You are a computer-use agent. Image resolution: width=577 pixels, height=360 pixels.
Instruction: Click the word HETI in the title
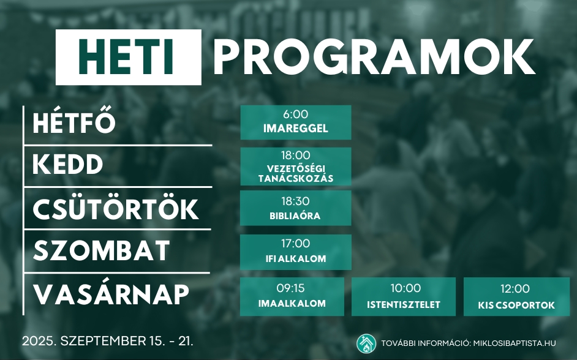point(126,57)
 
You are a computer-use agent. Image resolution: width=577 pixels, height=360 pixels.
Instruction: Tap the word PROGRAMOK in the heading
point(374,57)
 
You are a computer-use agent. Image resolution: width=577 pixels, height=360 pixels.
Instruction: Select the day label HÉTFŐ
point(74,122)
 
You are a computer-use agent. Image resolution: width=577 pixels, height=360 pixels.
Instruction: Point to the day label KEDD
point(68,164)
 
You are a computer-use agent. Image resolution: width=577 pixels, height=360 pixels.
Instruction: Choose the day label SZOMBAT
point(102,250)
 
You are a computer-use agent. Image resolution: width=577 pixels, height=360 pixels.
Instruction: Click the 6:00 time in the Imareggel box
point(295,114)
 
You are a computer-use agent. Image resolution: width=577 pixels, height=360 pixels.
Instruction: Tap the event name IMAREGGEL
point(295,129)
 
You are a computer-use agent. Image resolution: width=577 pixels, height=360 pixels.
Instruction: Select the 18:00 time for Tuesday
point(295,155)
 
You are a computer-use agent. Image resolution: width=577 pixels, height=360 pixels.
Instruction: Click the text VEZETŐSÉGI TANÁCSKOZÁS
point(296,173)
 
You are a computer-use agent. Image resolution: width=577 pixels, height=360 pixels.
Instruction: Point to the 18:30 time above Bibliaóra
point(295,201)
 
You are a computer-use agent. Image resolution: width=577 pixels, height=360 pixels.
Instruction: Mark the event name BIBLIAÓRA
point(295,216)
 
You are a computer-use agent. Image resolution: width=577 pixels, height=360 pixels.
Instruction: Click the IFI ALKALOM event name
point(296,258)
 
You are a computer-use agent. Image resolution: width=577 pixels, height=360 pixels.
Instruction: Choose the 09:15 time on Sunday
point(291,288)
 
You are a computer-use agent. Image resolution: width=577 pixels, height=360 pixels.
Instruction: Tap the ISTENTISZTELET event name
point(404,304)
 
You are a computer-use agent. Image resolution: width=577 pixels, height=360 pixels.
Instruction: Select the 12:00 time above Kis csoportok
point(515,288)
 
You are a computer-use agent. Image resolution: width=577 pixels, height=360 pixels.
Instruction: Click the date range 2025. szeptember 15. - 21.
point(107,341)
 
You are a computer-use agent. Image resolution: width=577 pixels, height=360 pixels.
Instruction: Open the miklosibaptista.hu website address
point(514,343)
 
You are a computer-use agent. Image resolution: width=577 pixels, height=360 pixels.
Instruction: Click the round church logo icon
point(366,343)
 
